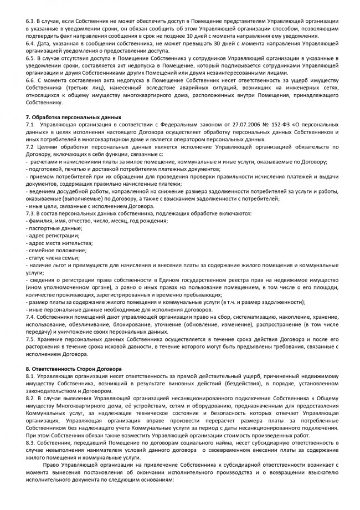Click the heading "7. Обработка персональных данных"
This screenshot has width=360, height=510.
(73, 118)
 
